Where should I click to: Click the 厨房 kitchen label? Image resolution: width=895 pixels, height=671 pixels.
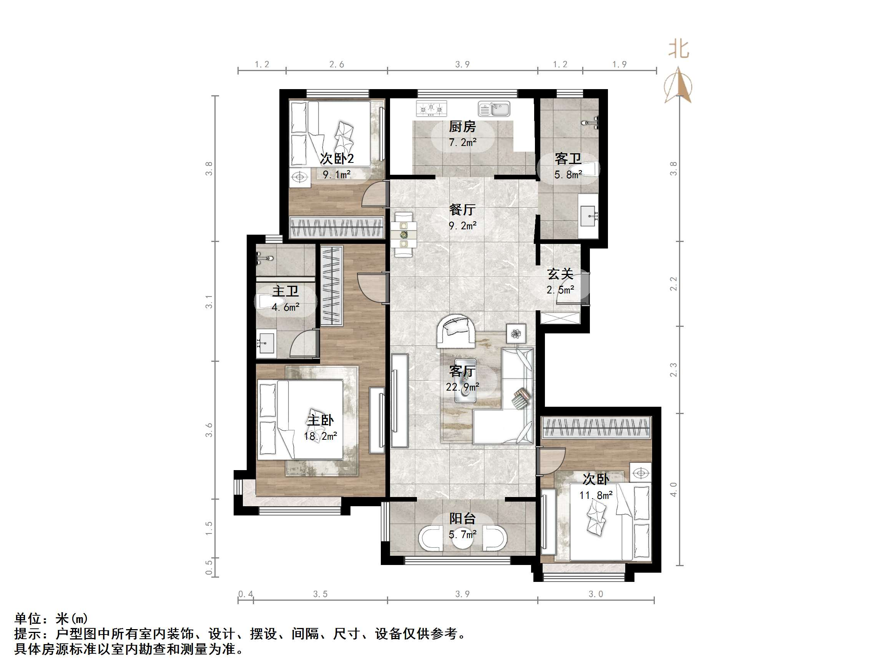[x=462, y=127]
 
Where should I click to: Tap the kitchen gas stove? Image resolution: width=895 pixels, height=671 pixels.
[x=432, y=108]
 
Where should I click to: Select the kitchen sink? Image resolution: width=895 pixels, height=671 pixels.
[x=494, y=109]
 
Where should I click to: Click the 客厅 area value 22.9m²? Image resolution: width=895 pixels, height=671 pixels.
[x=462, y=387]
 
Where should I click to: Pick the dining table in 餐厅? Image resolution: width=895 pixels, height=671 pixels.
[x=404, y=235]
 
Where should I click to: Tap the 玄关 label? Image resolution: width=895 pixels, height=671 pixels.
[x=560, y=274]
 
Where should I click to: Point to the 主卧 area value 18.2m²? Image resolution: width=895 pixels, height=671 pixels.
[x=320, y=436]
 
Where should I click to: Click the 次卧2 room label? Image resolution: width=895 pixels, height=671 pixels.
[x=337, y=158]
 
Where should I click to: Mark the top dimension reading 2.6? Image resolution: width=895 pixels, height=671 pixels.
[x=337, y=64]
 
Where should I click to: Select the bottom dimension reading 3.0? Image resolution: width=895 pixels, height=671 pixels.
[x=596, y=594]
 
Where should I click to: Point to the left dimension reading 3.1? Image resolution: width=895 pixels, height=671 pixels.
[x=209, y=302]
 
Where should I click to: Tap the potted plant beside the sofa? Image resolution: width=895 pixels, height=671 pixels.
[x=516, y=334]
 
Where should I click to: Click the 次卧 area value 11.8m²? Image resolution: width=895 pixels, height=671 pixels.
[x=596, y=495]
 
